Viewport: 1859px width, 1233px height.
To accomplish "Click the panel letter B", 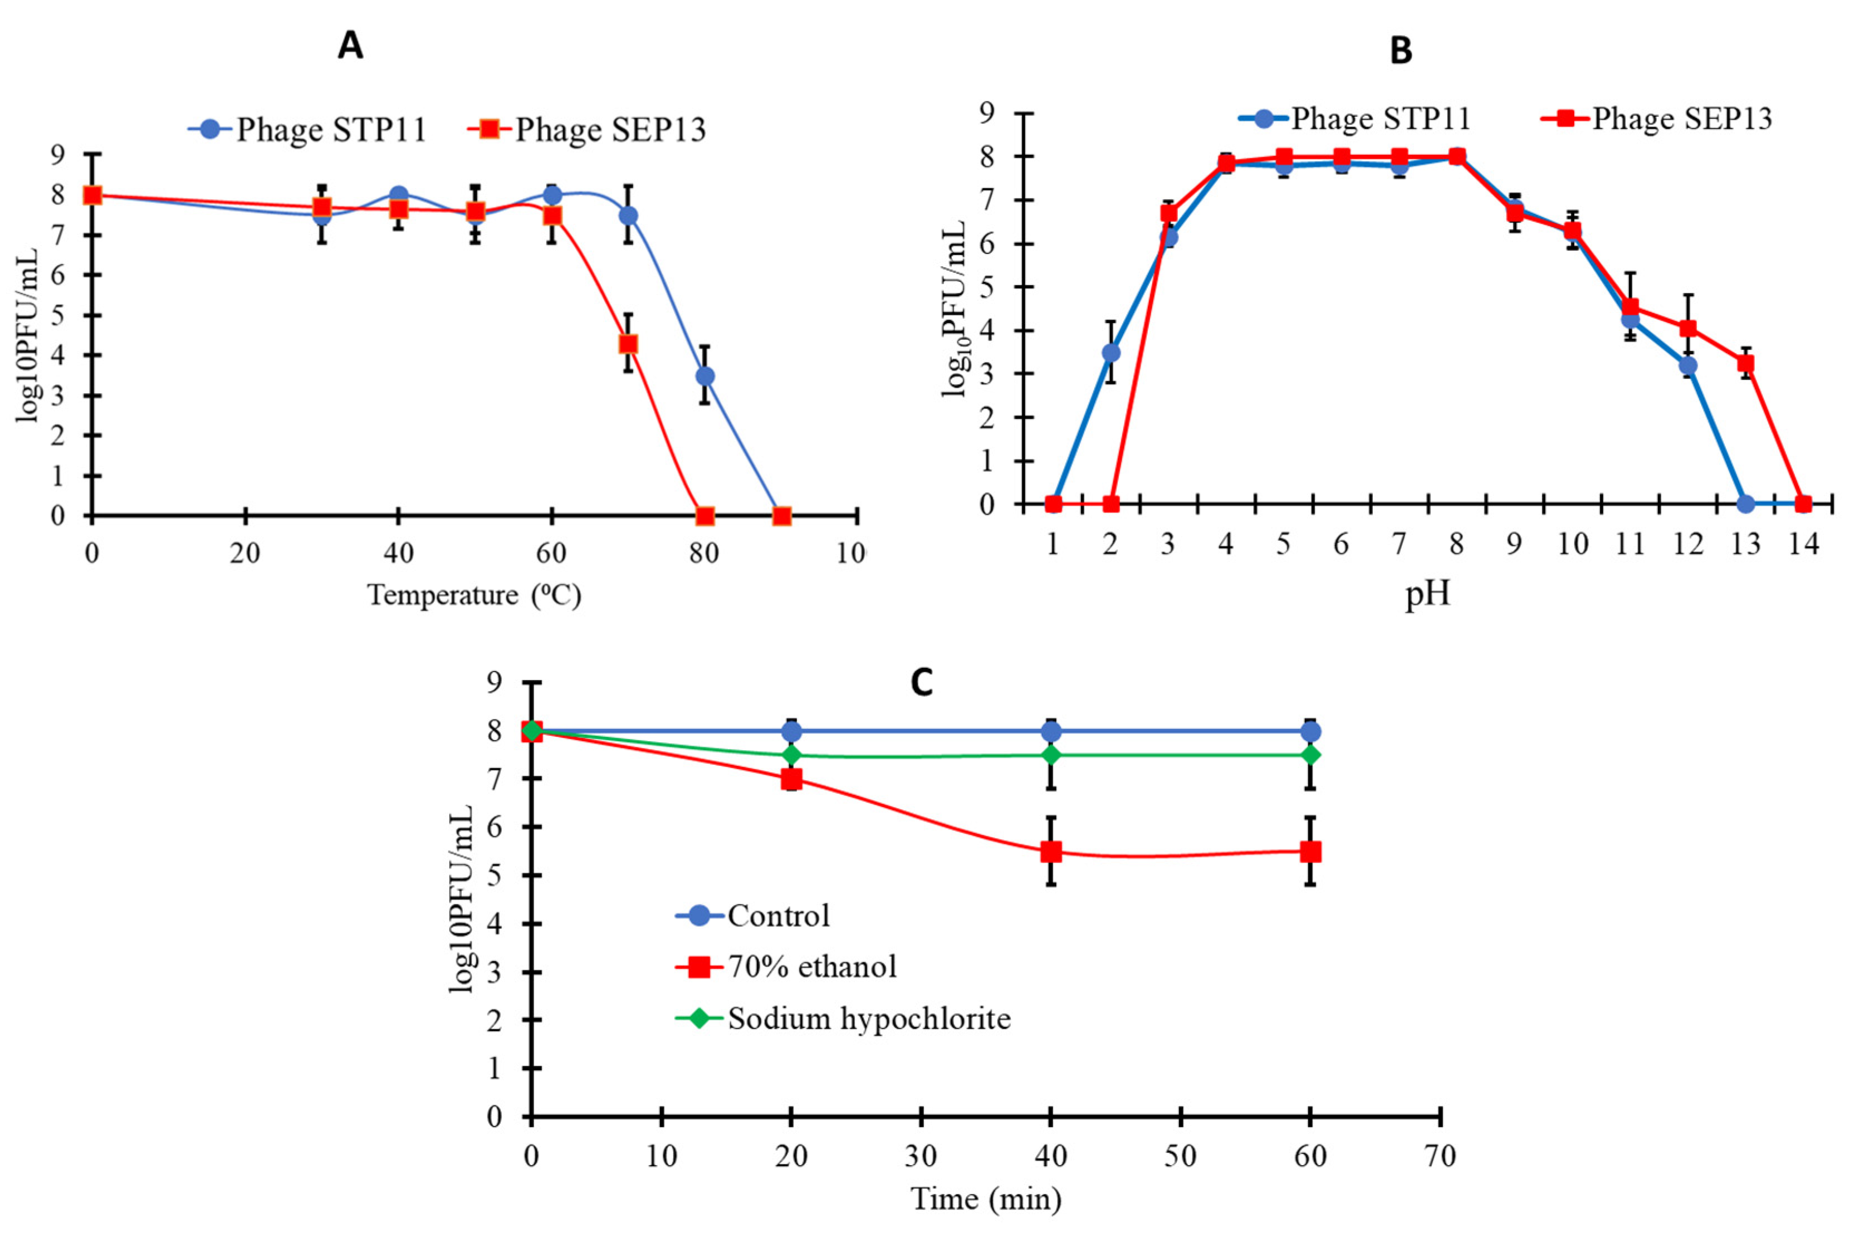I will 1401,50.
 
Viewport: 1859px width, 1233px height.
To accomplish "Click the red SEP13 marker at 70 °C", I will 628,344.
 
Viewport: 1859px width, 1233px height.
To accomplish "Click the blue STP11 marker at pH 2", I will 1110,353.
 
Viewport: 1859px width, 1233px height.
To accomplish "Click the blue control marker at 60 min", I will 1310,731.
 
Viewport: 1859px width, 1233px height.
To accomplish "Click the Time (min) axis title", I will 986,1198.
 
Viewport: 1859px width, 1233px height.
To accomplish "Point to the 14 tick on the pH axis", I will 1803,544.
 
